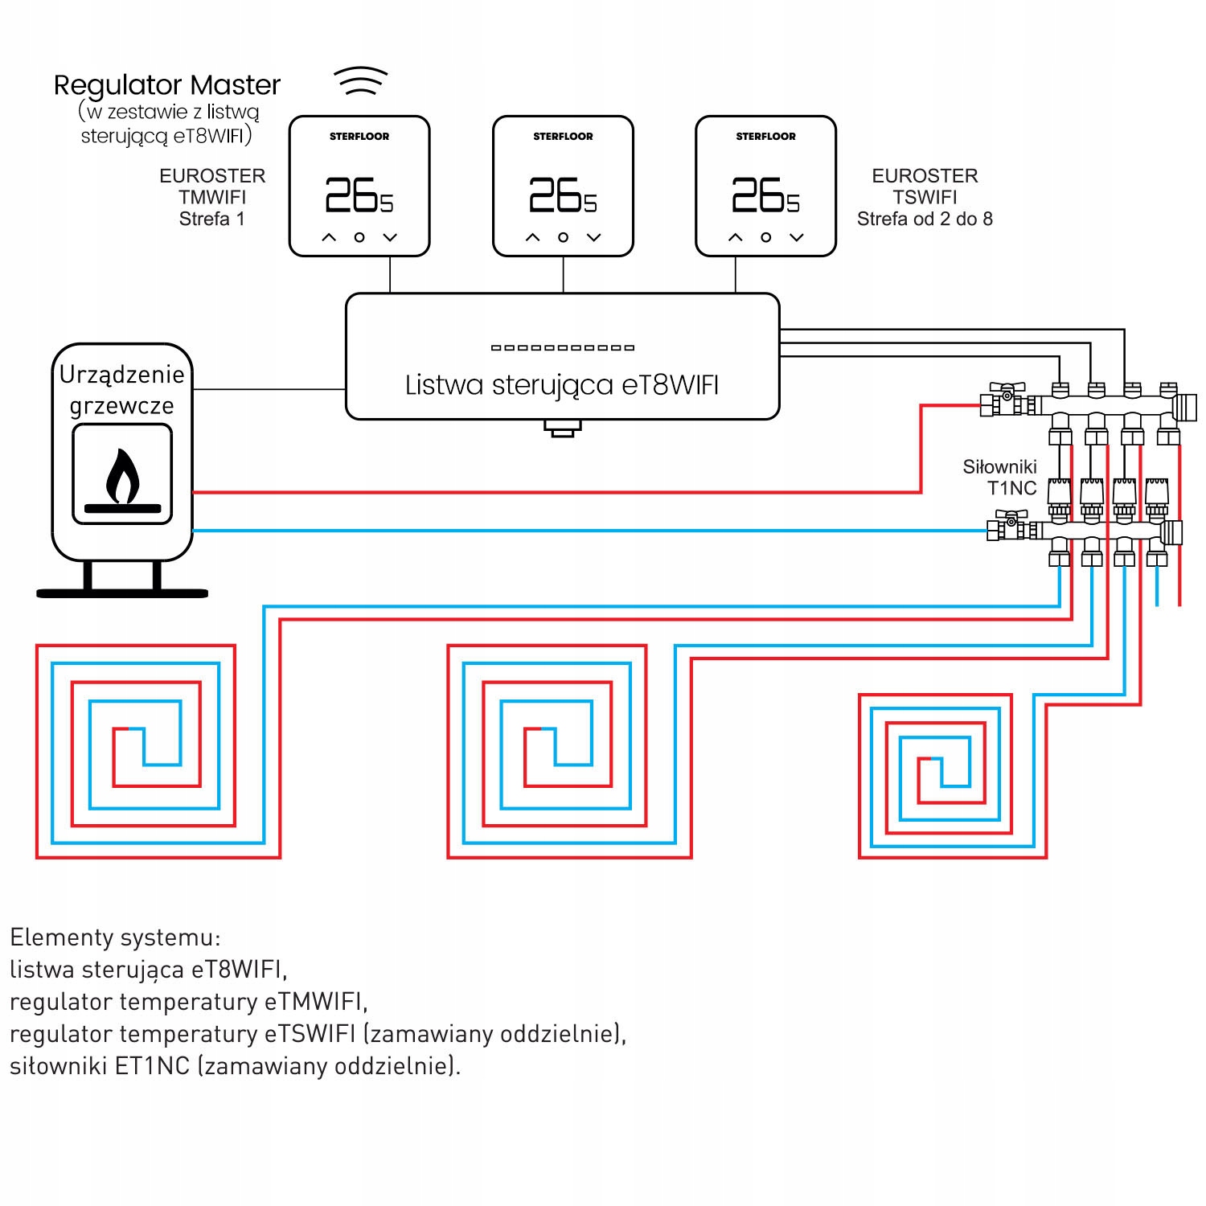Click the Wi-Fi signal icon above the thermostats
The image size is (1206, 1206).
[x=361, y=81]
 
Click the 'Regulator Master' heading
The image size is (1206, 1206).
[x=167, y=84]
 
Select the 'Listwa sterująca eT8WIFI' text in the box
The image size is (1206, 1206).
[x=561, y=385]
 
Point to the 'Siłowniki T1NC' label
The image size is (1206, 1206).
[x=1000, y=477]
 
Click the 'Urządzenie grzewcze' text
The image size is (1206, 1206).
[x=122, y=389]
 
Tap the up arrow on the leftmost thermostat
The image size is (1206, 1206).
[x=329, y=237]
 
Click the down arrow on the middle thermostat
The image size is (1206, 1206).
[x=594, y=237]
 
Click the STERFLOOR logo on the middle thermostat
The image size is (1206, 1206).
[x=563, y=137]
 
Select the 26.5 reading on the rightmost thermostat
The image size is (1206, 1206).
[x=765, y=195]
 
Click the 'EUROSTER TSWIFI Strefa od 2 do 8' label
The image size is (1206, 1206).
[x=925, y=197]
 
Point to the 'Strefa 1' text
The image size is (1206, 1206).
[x=211, y=219]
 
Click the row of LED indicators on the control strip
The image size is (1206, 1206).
[x=563, y=347]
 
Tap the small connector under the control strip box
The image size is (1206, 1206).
[x=562, y=429]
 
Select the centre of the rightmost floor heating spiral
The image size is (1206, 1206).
[x=936, y=764]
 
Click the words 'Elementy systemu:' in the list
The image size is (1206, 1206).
[x=115, y=937]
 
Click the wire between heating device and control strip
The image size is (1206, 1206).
[x=269, y=389]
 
